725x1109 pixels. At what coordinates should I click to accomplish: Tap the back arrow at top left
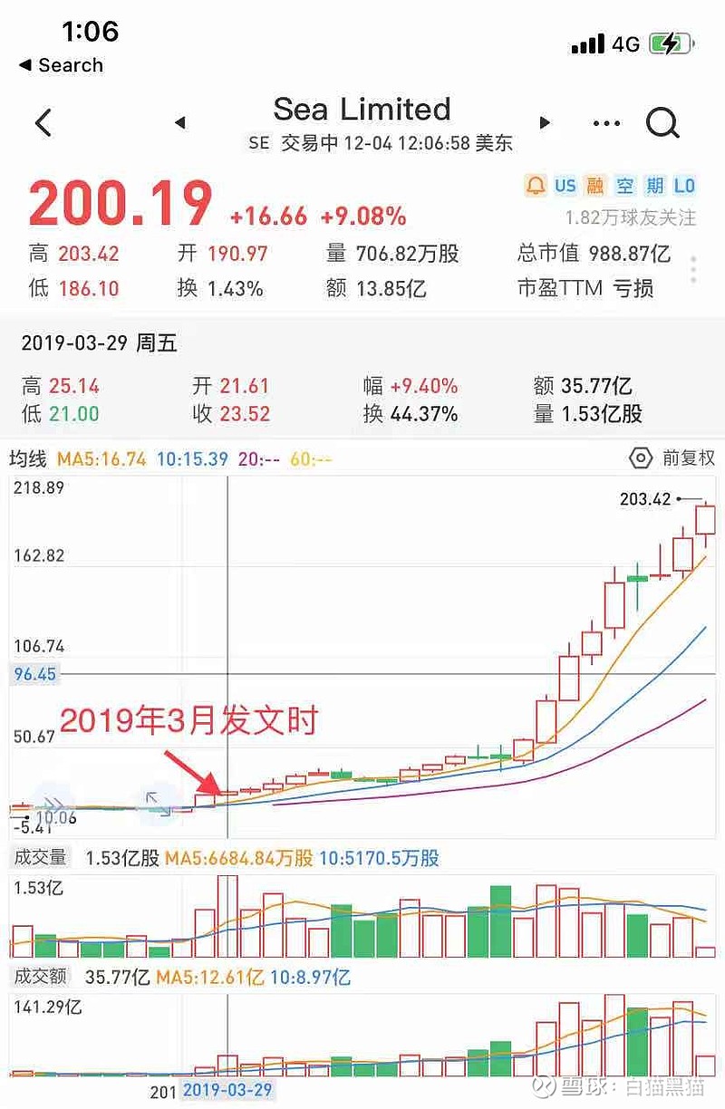pos(43,122)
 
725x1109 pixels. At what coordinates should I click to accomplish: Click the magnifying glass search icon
pos(662,121)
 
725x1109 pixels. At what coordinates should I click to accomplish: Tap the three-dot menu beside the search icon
pos(606,122)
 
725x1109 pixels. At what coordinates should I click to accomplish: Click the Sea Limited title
pos(362,110)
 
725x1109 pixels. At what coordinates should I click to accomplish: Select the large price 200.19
pos(121,204)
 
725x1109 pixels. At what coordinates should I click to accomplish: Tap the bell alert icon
pos(536,186)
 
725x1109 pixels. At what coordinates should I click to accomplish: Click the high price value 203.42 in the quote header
pos(89,254)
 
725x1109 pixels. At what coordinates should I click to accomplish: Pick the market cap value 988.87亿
pos(630,254)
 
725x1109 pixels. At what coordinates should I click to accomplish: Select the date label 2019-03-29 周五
pos(99,343)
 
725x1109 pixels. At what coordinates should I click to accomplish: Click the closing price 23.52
pos(245,414)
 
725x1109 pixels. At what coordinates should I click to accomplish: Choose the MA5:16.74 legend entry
pos(101,459)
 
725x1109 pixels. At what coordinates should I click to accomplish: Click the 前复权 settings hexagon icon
pos(641,458)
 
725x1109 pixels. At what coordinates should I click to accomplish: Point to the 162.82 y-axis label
pos(37,555)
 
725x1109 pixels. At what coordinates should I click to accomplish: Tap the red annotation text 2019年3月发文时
pos(188,721)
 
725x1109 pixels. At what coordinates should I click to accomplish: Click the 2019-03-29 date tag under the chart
pos(227,1090)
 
